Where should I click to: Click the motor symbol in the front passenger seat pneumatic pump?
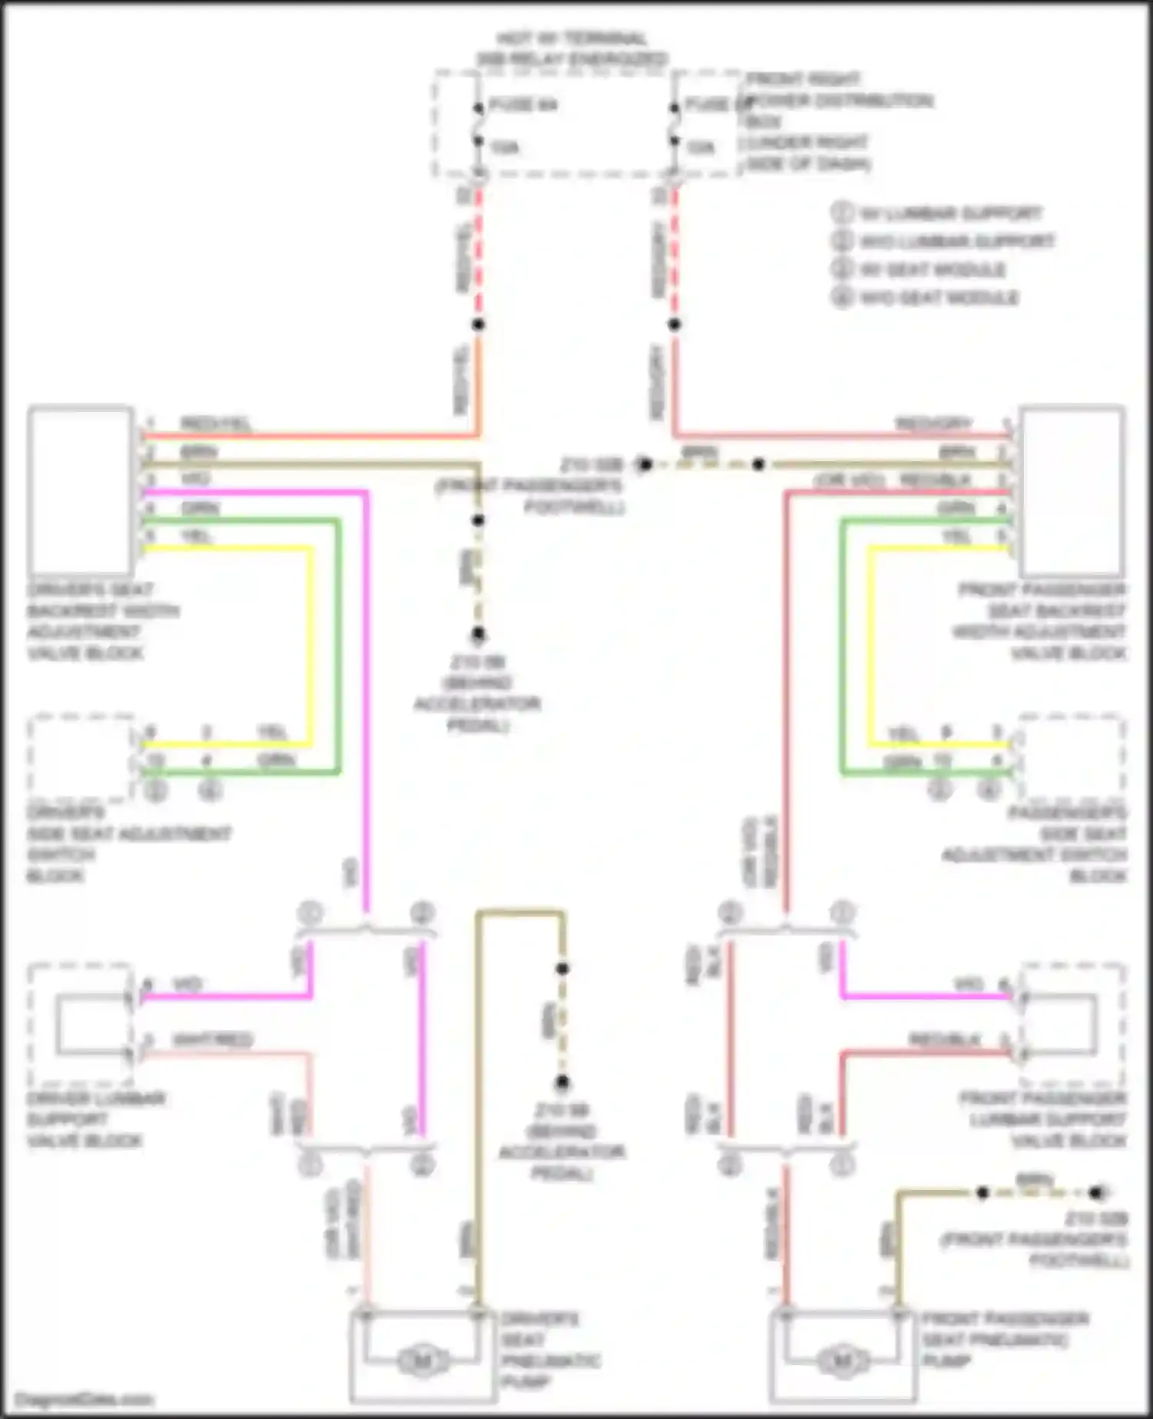(842, 1361)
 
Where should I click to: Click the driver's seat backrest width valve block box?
(80, 490)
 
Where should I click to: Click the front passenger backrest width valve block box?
(1072, 490)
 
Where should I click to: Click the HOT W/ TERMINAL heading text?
(572, 38)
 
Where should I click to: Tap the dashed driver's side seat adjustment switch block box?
(80, 757)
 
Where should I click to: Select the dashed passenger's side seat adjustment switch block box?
(1072, 757)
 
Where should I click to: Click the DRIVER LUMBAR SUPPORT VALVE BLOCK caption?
(95, 1119)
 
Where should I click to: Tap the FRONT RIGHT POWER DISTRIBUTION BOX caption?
(838, 121)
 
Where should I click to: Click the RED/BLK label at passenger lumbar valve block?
(945, 1040)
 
